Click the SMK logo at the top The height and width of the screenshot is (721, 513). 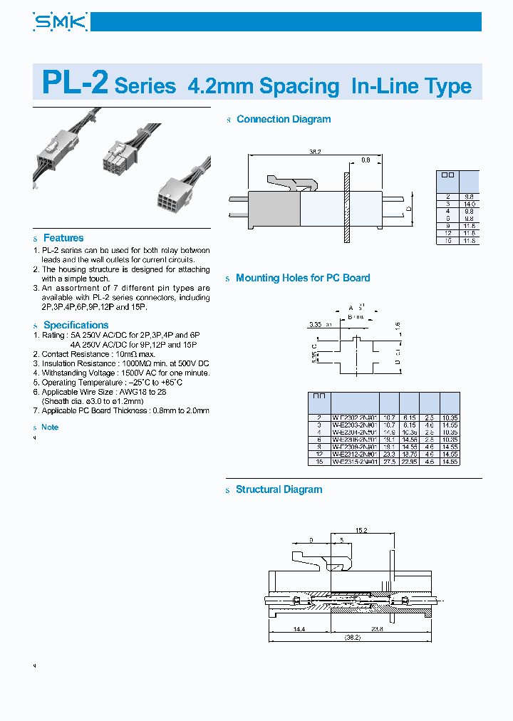tap(60, 22)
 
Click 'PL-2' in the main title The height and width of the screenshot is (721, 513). tap(75, 83)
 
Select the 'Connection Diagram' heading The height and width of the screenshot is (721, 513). tap(283, 120)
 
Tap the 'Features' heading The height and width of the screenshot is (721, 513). tap(63, 238)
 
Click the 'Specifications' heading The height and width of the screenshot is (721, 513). tap(76, 325)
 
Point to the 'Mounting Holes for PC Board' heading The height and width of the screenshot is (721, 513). tap(303, 278)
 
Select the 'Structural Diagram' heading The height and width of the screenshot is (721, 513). tap(279, 489)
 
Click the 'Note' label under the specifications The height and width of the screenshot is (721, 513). tap(50, 427)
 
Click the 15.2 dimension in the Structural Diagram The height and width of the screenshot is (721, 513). tap(361, 529)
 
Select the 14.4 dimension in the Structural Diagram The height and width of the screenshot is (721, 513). tap(299, 630)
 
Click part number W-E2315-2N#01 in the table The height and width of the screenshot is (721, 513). tap(354, 462)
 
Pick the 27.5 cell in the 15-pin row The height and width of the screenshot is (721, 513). tap(389, 462)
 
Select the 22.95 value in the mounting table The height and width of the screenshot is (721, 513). tap(409, 462)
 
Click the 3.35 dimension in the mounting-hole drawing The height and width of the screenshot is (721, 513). tap(316, 324)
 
